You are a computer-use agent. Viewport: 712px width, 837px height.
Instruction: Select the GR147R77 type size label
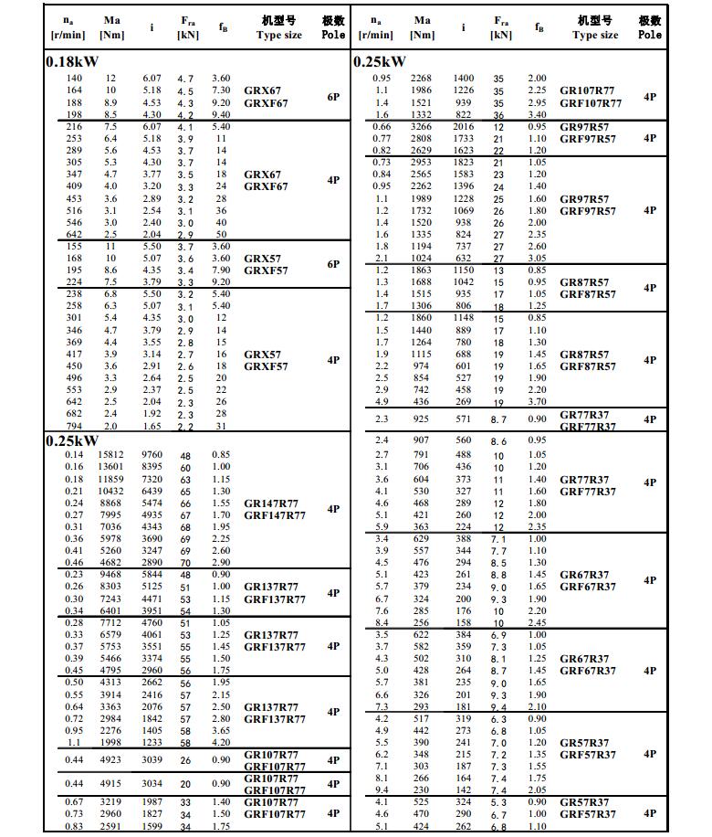click(271, 503)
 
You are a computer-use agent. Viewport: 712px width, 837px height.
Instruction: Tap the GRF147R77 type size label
click(274, 515)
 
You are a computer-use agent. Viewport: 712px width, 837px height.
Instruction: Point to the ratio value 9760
click(152, 455)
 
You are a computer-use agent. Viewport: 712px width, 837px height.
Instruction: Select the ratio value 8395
click(152, 467)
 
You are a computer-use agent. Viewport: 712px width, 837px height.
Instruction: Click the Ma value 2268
click(422, 79)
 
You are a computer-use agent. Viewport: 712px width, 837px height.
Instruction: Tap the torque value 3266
click(422, 127)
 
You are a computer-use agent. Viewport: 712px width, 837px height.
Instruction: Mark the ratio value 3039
click(152, 759)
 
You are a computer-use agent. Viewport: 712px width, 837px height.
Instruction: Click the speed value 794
click(73, 425)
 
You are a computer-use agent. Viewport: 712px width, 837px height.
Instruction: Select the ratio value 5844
click(152, 575)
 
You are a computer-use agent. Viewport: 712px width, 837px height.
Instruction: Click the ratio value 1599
click(152, 826)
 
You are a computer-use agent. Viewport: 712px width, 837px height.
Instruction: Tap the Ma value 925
click(421, 418)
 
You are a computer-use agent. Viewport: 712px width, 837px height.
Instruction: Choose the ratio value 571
click(464, 418)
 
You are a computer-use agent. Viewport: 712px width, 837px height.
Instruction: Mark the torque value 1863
click(422, 270)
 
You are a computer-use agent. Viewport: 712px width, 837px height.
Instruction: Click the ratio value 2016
click(464, 127)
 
